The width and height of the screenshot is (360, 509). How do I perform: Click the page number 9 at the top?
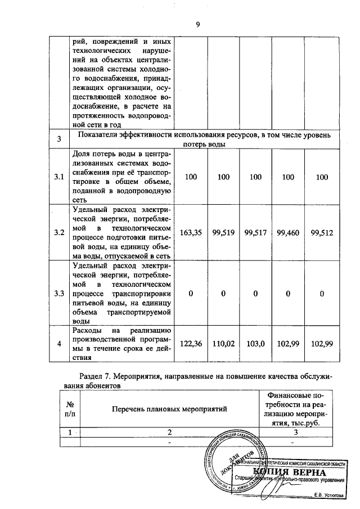(x=197, y=24)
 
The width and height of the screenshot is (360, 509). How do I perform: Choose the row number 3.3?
(x=59, y=293)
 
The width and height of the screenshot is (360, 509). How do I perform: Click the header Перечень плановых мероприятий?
(x=169, y=409)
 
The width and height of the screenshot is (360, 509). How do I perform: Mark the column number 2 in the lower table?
(x=169, y=433)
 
